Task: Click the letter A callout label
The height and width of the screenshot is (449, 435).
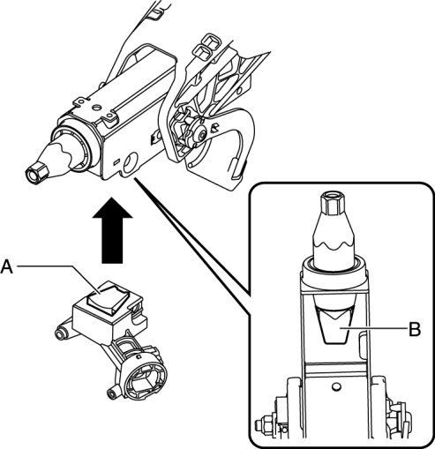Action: (x=6, y=267)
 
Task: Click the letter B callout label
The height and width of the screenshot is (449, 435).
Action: (x=415, y=329)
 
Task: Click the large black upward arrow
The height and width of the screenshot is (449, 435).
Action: (x=112, y=230)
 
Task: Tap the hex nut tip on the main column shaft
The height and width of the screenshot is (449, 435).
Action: (x=36, y=173)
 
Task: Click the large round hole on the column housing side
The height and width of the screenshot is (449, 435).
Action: (x=131, y=162)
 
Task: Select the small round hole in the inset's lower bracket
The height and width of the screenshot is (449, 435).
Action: (x=335, y=386)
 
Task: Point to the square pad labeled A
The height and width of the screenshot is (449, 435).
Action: (x=108, y=297)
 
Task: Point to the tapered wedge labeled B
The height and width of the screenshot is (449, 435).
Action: (x=335, y=325)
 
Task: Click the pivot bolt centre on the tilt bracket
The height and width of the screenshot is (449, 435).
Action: (x=201, y=135)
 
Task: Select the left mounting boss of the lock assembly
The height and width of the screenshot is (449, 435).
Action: (x=61, y=334)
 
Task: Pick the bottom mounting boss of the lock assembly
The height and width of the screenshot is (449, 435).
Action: (x=112, y=393)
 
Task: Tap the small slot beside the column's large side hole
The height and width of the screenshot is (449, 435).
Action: (x=116, y=161)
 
